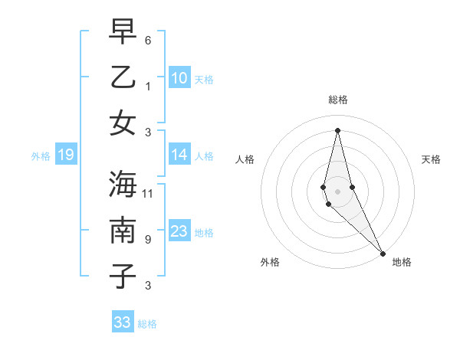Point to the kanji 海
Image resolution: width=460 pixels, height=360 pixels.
pos(123,184)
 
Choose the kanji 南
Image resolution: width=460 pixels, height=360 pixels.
pos(123,230)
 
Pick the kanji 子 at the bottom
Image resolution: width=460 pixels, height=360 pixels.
pos(123,277)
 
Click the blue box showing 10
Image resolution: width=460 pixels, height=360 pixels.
pos(179,78)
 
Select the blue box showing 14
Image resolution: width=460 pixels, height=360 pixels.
pos(179,155)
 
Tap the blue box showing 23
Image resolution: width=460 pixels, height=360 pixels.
pos(179,232)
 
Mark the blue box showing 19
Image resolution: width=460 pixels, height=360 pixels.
pos(65,155)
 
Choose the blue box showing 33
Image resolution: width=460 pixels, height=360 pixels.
pos(123,322)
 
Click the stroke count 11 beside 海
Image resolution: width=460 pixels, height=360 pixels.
pos(148,193)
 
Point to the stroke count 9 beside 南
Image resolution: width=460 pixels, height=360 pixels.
pos(148,240)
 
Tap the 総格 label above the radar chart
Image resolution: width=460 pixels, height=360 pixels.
pos(338,100)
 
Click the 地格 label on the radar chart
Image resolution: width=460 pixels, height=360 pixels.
pos(402,262)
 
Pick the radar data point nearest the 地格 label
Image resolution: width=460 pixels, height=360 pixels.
pos(383,253)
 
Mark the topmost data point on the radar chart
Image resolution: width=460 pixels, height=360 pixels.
pos(337,129)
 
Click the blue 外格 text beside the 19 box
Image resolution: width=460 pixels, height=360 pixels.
pos(41,156)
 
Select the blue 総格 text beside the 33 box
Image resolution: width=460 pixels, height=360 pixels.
pos(147,324)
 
